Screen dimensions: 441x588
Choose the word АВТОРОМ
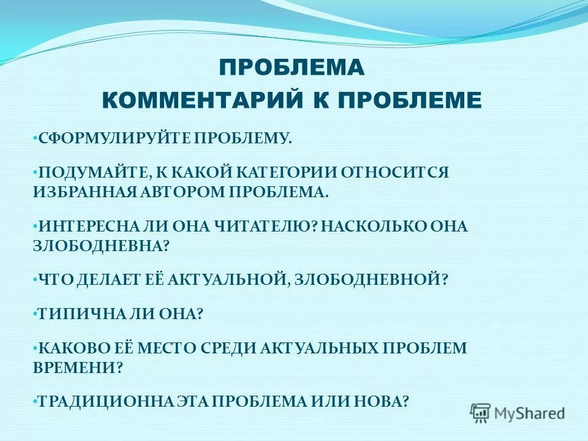click(x=189, y=191)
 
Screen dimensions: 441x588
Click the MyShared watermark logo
click(x=518, y=413)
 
